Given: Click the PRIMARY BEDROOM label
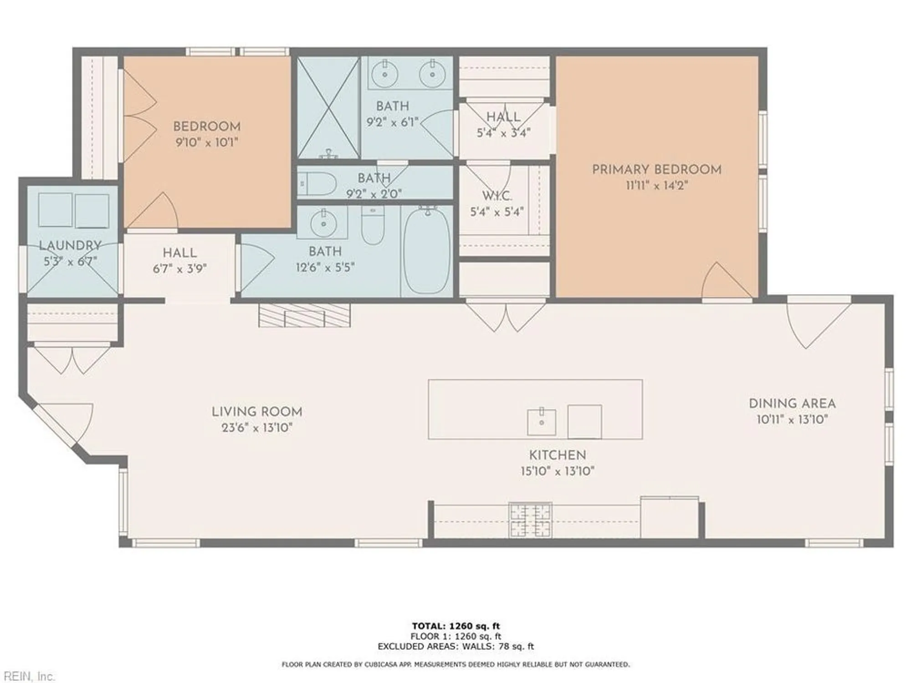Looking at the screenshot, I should click(x=656, y=169).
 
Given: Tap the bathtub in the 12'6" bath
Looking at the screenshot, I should click(x=427, y=250).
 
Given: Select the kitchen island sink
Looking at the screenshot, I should click(x=541, y=422).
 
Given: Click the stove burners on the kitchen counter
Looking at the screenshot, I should click(x=530, y=520).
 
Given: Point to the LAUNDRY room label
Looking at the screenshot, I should click(x=70, y=245).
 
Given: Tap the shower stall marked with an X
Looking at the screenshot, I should click(x=328, y=107).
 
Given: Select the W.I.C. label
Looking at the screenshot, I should click(x=497, y=196).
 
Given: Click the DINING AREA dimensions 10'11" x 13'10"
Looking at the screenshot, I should click(x=792, y=420).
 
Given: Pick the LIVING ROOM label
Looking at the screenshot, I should click(x=257, y=412).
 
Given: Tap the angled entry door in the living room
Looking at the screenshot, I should click(x=64, y=423).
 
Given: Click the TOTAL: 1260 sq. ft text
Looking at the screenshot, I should click(x=455, y=626).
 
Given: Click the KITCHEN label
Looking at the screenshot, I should click(x=557, y=455).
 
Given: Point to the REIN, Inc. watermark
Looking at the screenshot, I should click(x=27, y=676).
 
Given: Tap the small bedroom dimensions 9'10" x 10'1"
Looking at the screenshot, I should click(x=207, y=143).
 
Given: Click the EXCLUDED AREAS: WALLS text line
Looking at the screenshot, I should click(x=455, y=646).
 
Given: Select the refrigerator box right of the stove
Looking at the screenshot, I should click(x=669, y=517).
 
